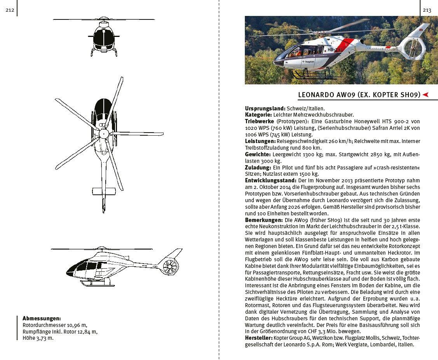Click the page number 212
click(x=10, y=10)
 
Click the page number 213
click(x=427, y=10)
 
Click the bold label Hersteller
click(x=258, y=338)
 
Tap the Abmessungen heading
click(x=42, y=318)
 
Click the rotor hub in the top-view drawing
click(x=104, y=134)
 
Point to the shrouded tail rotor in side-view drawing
click(x=170, y=266)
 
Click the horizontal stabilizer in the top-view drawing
click(x=104, y=191)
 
